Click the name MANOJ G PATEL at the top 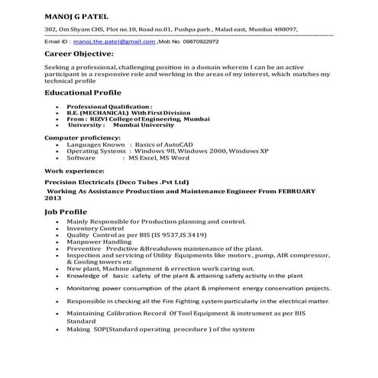click(x=76, y=16)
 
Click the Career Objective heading click(x=79, y=55)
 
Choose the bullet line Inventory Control click(x=95, y=228)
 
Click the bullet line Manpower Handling click(x=99, y=242)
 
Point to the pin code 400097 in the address click(x=283, y=28)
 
